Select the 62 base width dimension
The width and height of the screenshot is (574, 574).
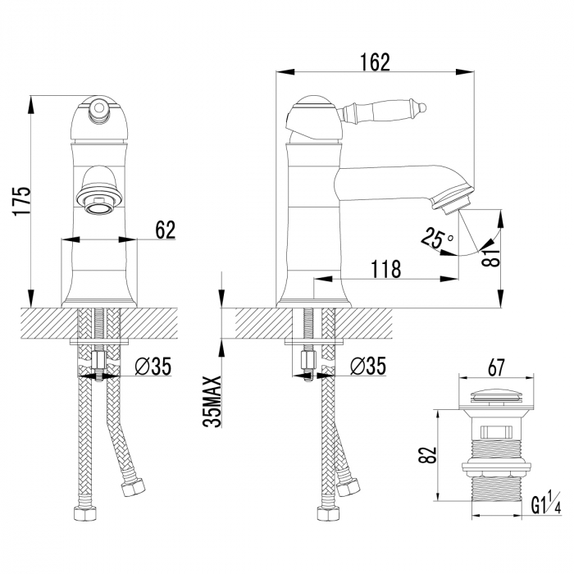coord(165,230)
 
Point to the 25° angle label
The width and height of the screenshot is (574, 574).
coord(436,239)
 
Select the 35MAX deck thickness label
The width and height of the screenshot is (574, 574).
coord(211,400)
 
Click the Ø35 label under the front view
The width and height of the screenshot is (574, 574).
coord(153,367)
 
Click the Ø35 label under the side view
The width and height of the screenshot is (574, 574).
coord(367,367)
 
